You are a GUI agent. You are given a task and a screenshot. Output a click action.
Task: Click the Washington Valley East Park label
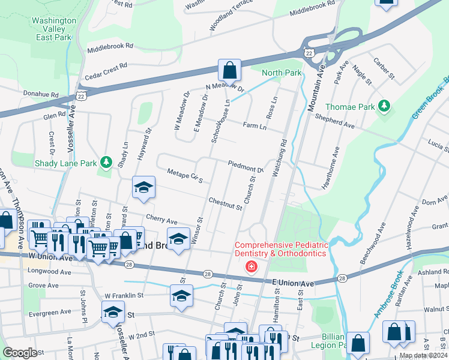53,29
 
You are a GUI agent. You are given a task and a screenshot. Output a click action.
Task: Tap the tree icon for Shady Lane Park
106,163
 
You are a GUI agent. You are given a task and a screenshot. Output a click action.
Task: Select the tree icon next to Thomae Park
384,107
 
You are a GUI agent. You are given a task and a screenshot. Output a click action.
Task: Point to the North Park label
282,73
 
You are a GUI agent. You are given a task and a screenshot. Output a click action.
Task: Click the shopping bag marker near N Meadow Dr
229,71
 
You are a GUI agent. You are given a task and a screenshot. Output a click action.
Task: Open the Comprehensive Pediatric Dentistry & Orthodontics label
282,250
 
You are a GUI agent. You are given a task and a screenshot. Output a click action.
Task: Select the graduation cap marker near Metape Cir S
144,188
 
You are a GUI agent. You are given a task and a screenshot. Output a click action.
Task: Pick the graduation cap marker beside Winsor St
178,239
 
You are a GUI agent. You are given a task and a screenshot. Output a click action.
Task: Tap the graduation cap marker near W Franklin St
181,296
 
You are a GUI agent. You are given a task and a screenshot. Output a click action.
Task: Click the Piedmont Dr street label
246,166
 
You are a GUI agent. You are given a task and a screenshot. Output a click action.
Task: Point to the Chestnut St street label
225,204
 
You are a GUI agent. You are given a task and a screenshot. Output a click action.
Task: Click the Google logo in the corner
20,352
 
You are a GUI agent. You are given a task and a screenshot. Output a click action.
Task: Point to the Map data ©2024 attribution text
423,355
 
